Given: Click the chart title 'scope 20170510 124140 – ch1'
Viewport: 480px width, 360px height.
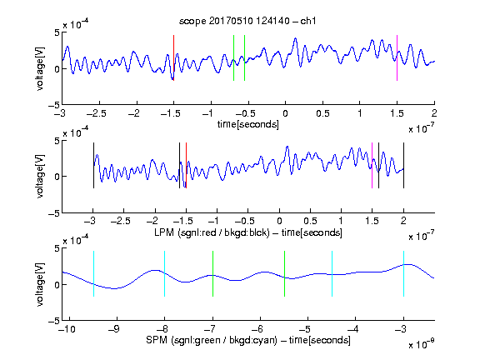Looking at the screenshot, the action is click(x=247, y=21).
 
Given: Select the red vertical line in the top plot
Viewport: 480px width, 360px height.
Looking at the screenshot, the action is click(x=173, y=57).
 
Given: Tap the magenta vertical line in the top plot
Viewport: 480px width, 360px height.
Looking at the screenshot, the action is click(x=397, y=57).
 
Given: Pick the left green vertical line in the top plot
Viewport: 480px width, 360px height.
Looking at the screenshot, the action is click(x=233, y=57).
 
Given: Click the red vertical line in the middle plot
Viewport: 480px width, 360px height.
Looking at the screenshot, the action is click(x=186, y=165).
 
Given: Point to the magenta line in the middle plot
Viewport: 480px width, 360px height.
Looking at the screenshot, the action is click(x=372, y=165).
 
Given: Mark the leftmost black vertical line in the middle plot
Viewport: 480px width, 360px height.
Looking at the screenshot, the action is click(x=93, y=165).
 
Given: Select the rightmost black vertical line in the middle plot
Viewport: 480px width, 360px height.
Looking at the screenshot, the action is click(x=403, y=165).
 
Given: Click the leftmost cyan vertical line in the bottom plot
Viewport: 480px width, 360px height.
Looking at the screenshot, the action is click(x=93, y=273).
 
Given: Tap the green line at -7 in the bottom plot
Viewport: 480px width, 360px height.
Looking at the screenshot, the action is click(x=212, y=273).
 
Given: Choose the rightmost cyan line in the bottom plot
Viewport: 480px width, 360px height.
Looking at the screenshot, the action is click(x=403, y=273).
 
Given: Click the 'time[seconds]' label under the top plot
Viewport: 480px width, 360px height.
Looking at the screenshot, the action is click(x=248, y=125).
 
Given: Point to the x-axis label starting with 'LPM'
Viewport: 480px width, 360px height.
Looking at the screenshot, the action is click(x=248, y=232).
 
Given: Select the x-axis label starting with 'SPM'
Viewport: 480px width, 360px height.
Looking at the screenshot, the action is click(x=248, y=340).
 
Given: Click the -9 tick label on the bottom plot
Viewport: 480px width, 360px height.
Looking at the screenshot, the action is click(x=114, y=329).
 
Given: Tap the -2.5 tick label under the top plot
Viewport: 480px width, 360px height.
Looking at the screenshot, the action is click(x=97, y=113).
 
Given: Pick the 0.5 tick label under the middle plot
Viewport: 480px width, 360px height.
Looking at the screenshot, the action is click(x=310, y=221).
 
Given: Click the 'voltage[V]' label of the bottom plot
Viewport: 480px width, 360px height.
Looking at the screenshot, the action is click(x=40, y=284).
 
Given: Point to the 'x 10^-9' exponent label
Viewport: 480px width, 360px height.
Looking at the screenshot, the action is click(x=421, y=344).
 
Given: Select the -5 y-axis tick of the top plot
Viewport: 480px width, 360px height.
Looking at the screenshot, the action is click(x=54, y=105).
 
